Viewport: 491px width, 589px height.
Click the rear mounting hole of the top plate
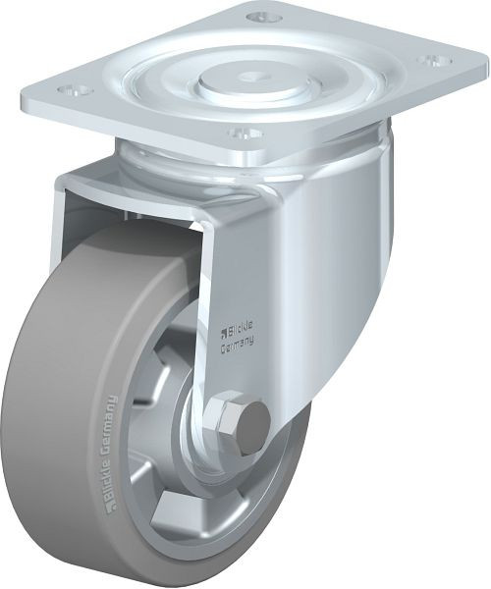tap(262, 18)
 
